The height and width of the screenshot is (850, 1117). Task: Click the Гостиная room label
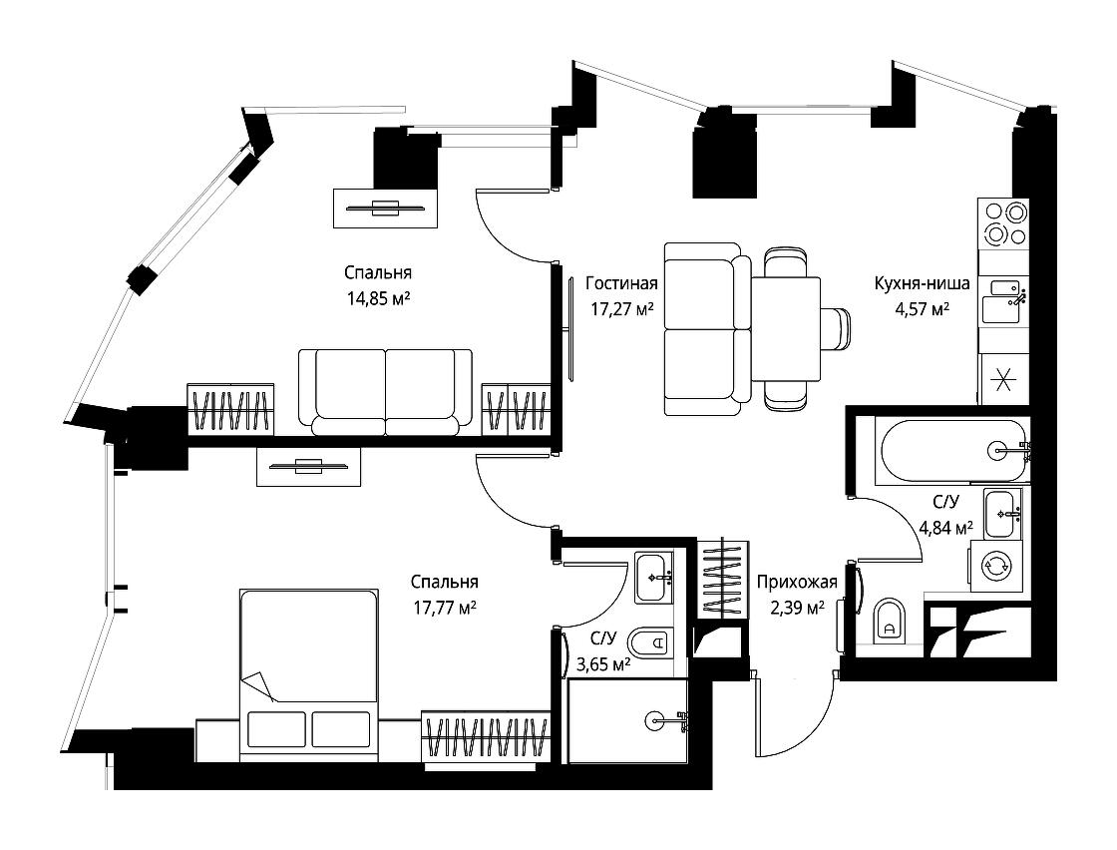coord(621,283)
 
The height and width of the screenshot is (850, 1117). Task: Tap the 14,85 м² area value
coord(378,298)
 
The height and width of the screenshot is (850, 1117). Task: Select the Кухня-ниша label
coord(922,283)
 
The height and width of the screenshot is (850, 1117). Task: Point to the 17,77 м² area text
coord(445,608)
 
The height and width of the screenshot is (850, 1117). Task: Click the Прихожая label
coord(797,583)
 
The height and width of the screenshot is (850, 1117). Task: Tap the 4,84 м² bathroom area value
coord(946,528)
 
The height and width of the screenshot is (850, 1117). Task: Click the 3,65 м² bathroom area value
coord(603,664)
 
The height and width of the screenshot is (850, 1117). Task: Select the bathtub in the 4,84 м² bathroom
coord(952,450)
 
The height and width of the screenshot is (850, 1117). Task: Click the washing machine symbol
coord(997,567)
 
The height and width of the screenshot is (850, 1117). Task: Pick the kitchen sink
coord(1003,300)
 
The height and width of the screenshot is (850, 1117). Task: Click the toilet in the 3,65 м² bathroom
coord(652,643)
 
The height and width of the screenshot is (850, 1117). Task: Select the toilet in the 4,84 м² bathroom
coord(889,619)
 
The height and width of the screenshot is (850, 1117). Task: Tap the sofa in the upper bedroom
coord(385,392)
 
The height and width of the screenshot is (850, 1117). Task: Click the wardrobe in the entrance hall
coord(723,579)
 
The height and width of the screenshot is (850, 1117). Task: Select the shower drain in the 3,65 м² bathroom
coord(654,721)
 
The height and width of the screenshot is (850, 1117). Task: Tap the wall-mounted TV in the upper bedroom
coord(385,209)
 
